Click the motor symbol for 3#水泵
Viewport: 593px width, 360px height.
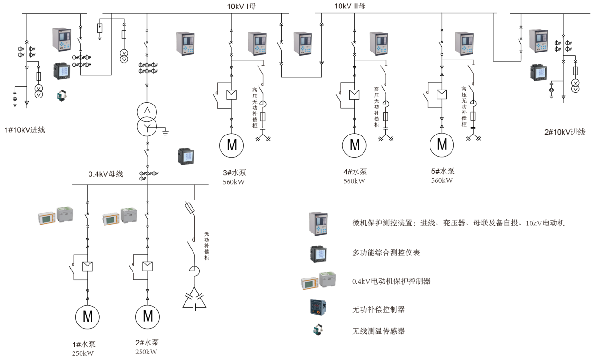tap(231, 145)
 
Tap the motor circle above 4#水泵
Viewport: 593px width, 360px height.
tap(355, 145)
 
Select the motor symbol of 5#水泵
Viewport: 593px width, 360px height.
tap(442, 145)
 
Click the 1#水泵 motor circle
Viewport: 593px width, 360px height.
tap(88, 317)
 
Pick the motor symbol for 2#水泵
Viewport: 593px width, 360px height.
tap(148, 317)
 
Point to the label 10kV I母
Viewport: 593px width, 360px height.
tap(241, 6)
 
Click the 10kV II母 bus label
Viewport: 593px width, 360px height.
tap(349, 6)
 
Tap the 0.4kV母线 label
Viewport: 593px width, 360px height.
tap(106, 174)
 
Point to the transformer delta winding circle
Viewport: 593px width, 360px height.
tap(148, 111)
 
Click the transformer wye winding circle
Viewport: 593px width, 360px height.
tap(148, 127)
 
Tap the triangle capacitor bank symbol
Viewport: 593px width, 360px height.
tap(194, 299)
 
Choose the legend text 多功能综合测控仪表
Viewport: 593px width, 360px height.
tap(386, 253)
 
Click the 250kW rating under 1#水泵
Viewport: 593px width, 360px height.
tap(83, 353)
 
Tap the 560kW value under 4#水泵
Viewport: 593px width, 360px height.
tap(354, 181)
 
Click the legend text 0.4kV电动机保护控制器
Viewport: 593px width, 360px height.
tap(391, 281)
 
